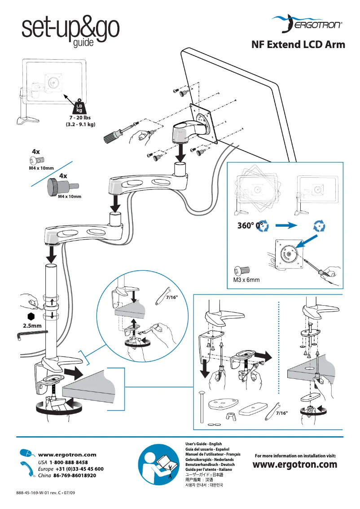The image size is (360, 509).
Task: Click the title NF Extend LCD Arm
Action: (x=298, y=45)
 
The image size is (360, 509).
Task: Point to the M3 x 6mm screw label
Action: (x=246, y=280)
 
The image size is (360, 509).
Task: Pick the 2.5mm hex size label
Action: (x=21, y=325)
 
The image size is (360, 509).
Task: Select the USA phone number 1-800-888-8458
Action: (x=69, y=462)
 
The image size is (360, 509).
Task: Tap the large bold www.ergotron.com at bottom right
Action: (x=295, y=465)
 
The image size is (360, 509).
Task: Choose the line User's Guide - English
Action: (x=204, y=444)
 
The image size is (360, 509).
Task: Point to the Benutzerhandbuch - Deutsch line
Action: (x=210, y=465)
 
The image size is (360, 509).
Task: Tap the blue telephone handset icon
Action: (x=27, y=468)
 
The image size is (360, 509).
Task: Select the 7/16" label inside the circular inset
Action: (x=172, y=297)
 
